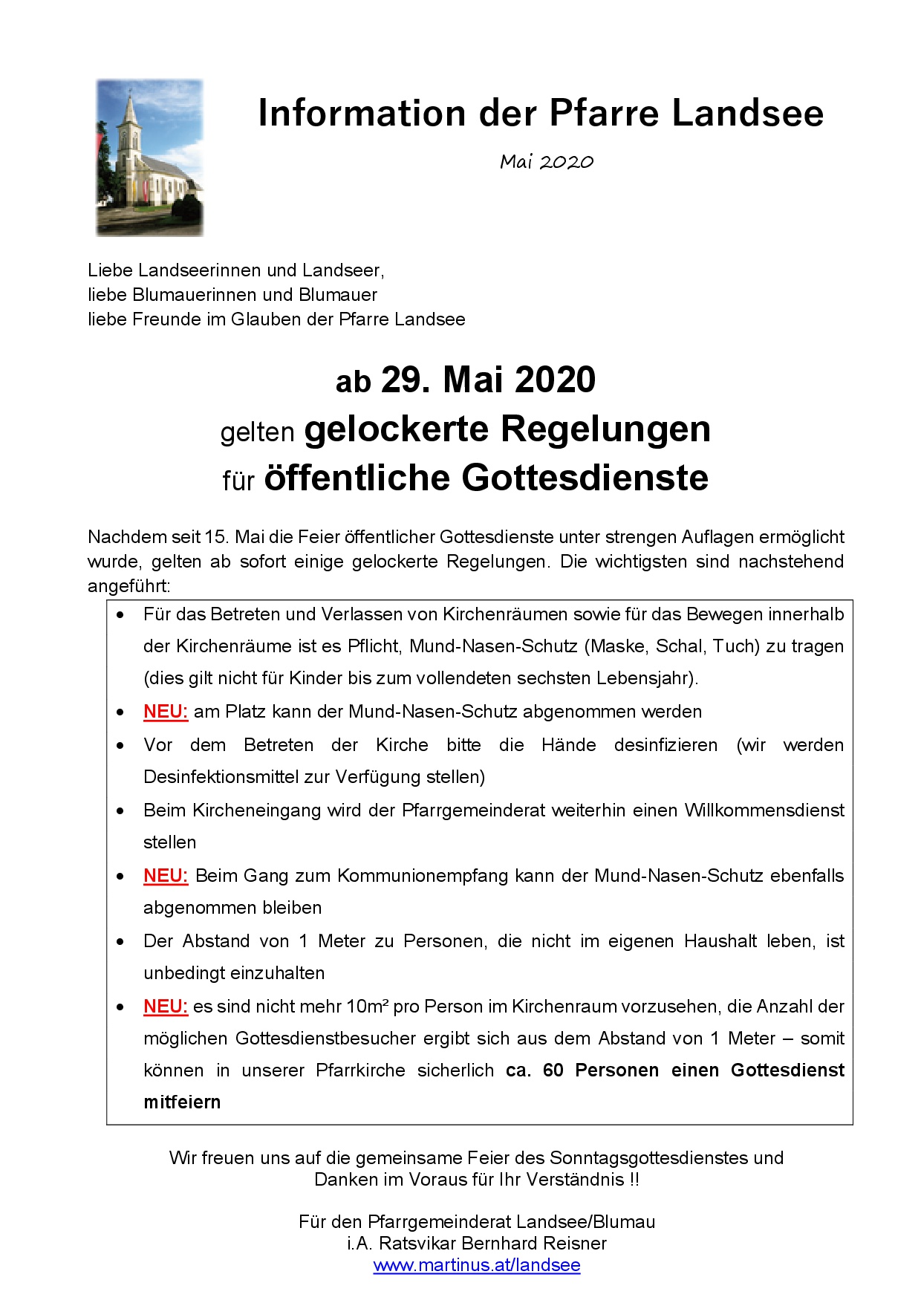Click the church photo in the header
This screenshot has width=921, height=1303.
(x=149, y=157)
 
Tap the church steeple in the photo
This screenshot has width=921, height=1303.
(x=131, y=111)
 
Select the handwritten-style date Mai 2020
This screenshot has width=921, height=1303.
(x=547, y=162)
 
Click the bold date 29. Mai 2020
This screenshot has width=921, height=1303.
(x=488, y=380)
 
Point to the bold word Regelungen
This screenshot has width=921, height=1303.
(x=605, y=429)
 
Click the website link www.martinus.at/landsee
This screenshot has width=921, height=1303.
(x=477, y=1265)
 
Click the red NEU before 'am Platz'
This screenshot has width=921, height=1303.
(x=166, y=712)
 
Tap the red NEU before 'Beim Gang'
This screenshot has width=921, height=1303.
(x=166, y=876)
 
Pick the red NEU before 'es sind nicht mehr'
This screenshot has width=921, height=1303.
(x=166, y=1007)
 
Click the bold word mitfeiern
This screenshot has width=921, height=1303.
(x=182, y=1102)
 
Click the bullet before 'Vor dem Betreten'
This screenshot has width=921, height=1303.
(x=120, y=745)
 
